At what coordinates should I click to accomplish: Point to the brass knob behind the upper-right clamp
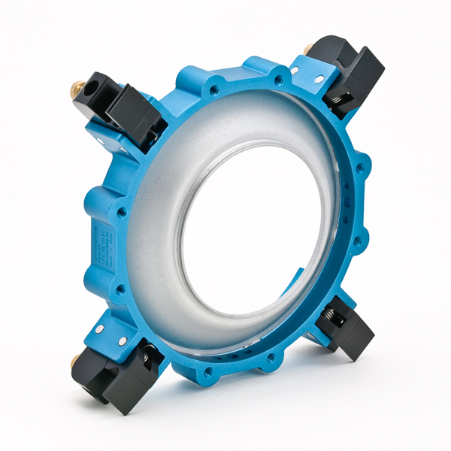coord(309,49)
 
